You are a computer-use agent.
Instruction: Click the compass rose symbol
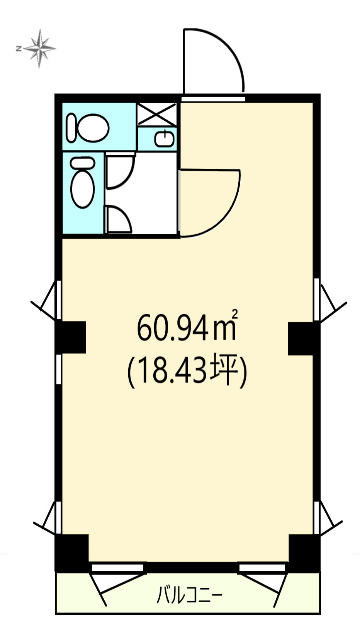point(40,48)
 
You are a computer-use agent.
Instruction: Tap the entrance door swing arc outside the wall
point(230,46)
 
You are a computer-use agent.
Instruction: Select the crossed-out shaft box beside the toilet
point(157,114)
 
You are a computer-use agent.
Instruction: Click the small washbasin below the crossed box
point(164,139)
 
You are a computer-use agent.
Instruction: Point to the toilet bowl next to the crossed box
point(88,128)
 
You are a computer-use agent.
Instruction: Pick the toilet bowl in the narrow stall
point(82,182)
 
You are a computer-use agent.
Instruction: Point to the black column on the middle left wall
point(71,337)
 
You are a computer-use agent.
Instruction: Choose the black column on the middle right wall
point(304,338)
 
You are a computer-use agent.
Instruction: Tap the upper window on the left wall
point(58,300)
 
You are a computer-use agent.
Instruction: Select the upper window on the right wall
point(317,300)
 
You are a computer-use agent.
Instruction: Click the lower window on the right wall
point(317,518)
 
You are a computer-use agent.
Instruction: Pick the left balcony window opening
point(118,568)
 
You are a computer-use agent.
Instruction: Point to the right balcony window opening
point(262,568)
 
